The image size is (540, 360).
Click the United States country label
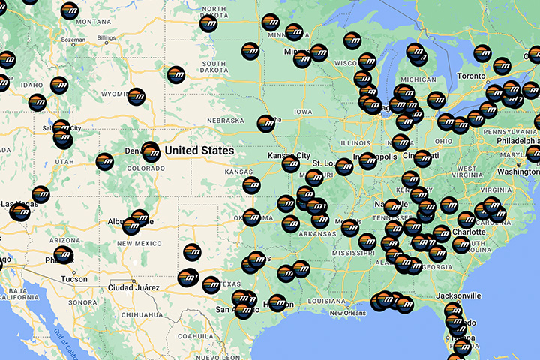[199, 151]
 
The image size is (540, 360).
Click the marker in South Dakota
[176, 74]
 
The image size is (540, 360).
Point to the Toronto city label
[472, 76]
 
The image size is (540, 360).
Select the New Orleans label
[346, 313]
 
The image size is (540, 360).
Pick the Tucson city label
[73, 278]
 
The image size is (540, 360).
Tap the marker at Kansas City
[291, 163]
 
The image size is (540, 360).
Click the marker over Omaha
[265, 123]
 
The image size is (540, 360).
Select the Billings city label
[106, 37]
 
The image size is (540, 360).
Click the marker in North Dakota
[209, 23]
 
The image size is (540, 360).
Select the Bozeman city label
[73, 39]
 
